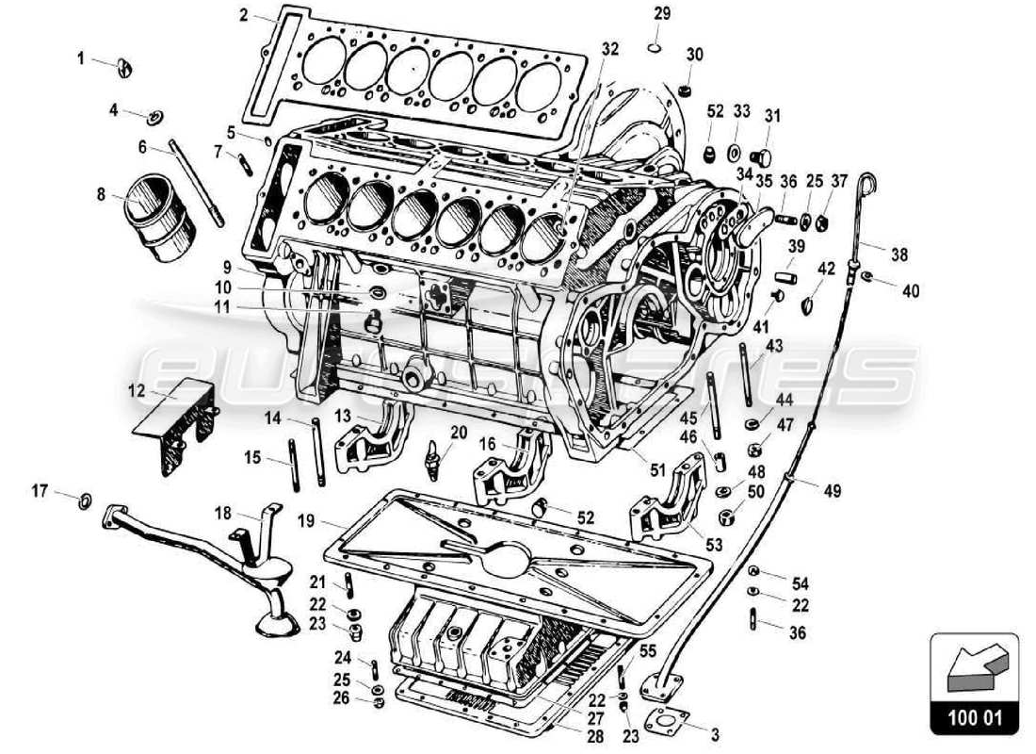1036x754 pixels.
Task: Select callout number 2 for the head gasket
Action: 243,15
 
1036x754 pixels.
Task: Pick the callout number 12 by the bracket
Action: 137,388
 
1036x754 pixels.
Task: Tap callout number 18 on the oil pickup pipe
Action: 222,513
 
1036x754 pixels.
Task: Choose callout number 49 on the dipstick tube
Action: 833,490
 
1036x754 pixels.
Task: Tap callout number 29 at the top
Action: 662,13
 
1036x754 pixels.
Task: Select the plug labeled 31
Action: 763,156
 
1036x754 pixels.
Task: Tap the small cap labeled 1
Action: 126,65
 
